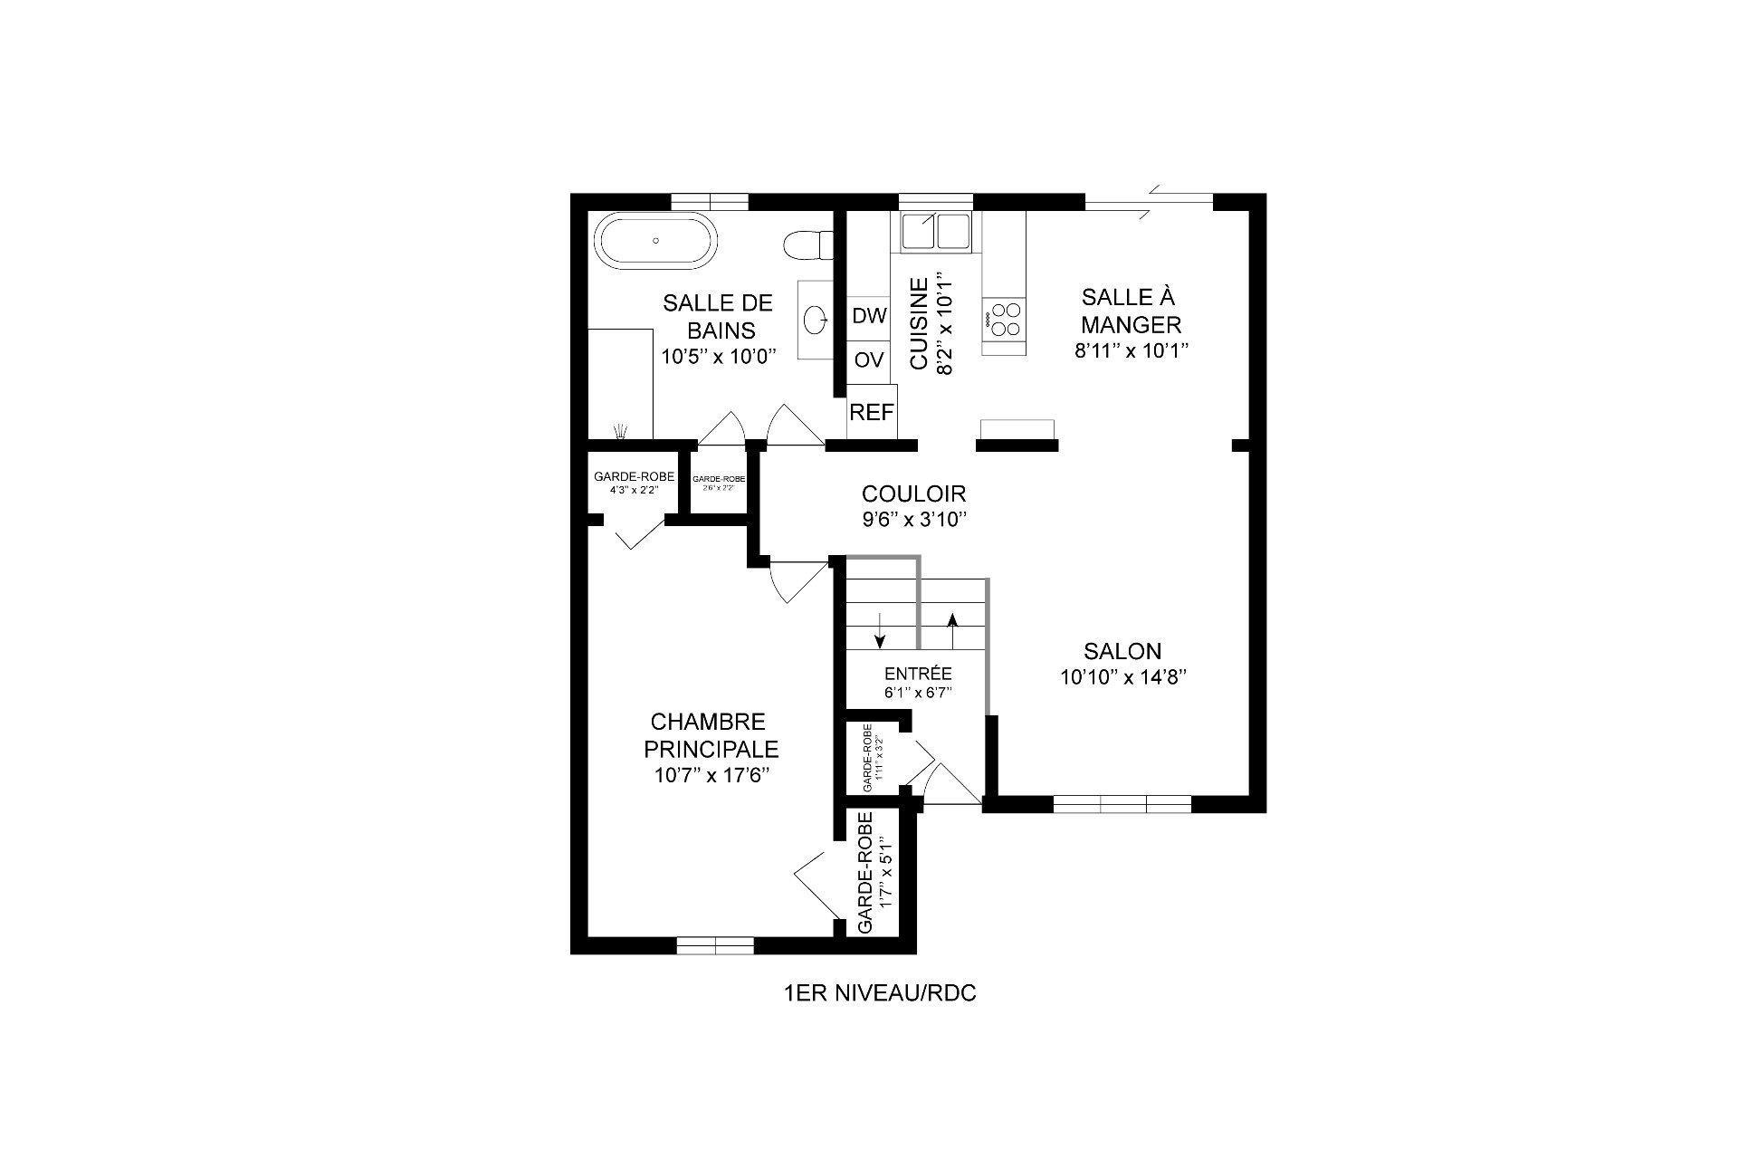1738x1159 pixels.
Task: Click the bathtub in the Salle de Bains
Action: (656, 241)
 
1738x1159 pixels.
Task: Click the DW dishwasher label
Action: (870, 316)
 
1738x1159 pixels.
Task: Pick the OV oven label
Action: (869, 359)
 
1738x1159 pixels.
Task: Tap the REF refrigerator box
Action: (872, 413)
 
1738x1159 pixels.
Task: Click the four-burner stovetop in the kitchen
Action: (1005, 319)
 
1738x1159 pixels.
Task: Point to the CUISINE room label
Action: (919, 323)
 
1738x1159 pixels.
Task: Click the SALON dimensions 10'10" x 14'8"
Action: (1123, 677)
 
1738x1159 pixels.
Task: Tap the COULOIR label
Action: (913, 493)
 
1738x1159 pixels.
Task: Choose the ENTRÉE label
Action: (918, 674)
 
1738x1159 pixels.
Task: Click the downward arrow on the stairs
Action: (879, 631)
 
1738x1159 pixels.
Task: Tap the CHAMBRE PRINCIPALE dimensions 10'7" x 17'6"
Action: (711, 775)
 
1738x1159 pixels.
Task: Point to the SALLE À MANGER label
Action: (1131, 310)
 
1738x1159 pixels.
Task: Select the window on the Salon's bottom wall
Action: (1122, 803)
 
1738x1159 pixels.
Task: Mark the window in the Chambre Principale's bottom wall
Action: (715, 945)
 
